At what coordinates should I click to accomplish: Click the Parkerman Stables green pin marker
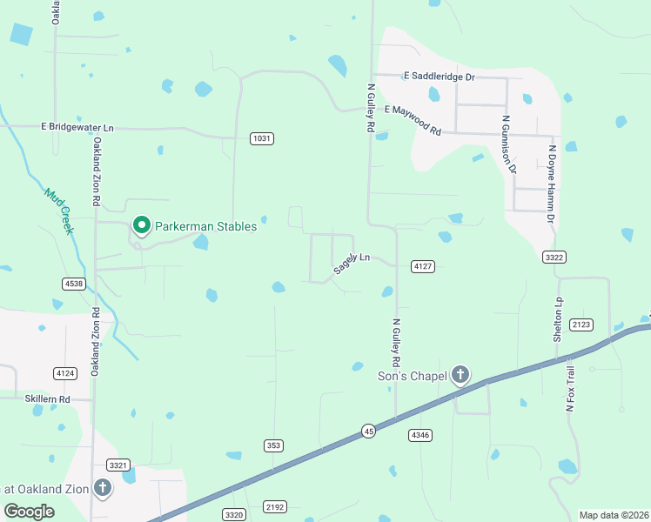(x=141, y=226)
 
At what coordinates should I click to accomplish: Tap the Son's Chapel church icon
(x=460, y=376)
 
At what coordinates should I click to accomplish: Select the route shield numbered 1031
(x=262, y=138)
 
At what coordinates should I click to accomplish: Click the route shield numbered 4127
(x=423, y=266)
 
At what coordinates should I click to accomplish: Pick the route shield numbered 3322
(x=554, y=257)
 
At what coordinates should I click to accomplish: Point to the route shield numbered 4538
(x=74, y=284)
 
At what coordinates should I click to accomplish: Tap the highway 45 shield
(x=369, y=432)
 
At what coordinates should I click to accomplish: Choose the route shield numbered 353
(x=273, y=445)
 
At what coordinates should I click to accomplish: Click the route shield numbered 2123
(x=581, y=325)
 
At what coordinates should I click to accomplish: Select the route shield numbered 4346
(x=420, y=434)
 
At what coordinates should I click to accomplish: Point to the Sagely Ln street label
(x=352, y=264)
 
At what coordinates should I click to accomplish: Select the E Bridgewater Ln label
(x=77, y=127)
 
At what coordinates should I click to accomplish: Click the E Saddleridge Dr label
(x=439, y=77)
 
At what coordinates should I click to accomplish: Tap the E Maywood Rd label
(x=413, y=121)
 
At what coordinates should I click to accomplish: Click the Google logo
(x=29, y=511)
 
